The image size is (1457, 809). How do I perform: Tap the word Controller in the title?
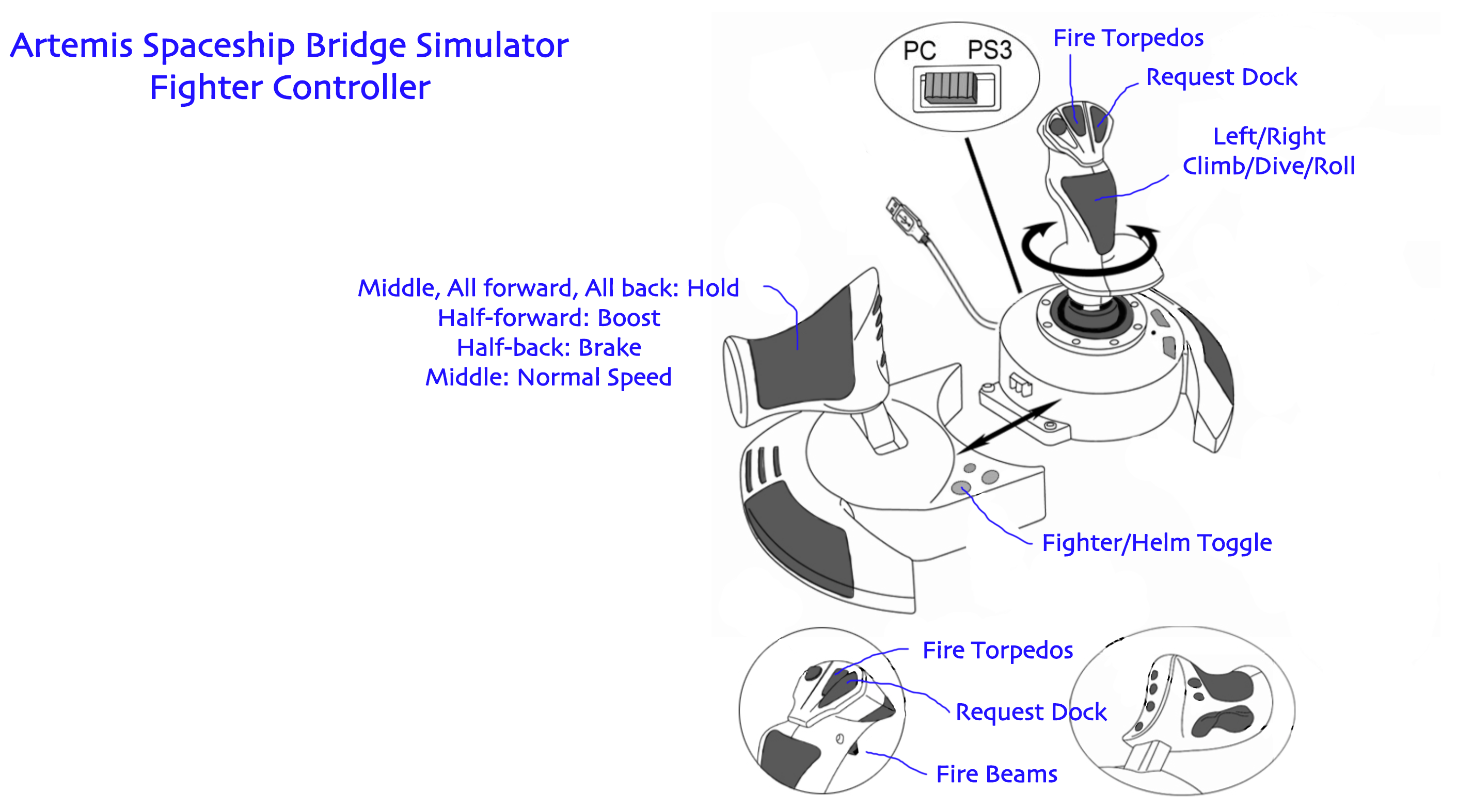pyautogui.click(x=351, y=88)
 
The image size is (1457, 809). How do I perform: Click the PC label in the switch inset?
pyautogui.click(x=919, y=51)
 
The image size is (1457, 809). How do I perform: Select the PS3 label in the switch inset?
pyautogui.click(x=989, y=50)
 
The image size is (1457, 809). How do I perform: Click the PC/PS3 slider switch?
pyautogui.click(x=949, y=89)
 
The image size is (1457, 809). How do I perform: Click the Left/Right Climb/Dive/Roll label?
pyautogui.click(x=1268, y=151)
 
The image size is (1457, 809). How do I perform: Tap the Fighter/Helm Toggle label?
pyautogui.click(x=1157, y=543)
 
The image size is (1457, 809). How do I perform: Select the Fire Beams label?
pyautogui.click(x=996, y=774)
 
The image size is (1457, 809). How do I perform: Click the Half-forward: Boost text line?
pyautogui.click(x=549, y=318)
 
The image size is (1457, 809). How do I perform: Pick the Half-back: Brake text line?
pyautogui.click(x=549, y=348)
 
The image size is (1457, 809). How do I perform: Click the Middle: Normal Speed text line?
pyautogui.click(x=549, y=377)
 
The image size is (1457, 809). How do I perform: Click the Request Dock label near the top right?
pyautogui.click(x=1221, y=77)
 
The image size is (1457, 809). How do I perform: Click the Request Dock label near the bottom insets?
pyautogui.click(x=1031, y=712)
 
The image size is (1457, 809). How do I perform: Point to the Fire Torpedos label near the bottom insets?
pyautogui.click(x=997, y=650)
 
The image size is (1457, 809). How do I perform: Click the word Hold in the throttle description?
pyautogui.click(x=712, y=288)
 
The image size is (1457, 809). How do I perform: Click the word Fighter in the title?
pyautogui.click(x=206, y=88)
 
